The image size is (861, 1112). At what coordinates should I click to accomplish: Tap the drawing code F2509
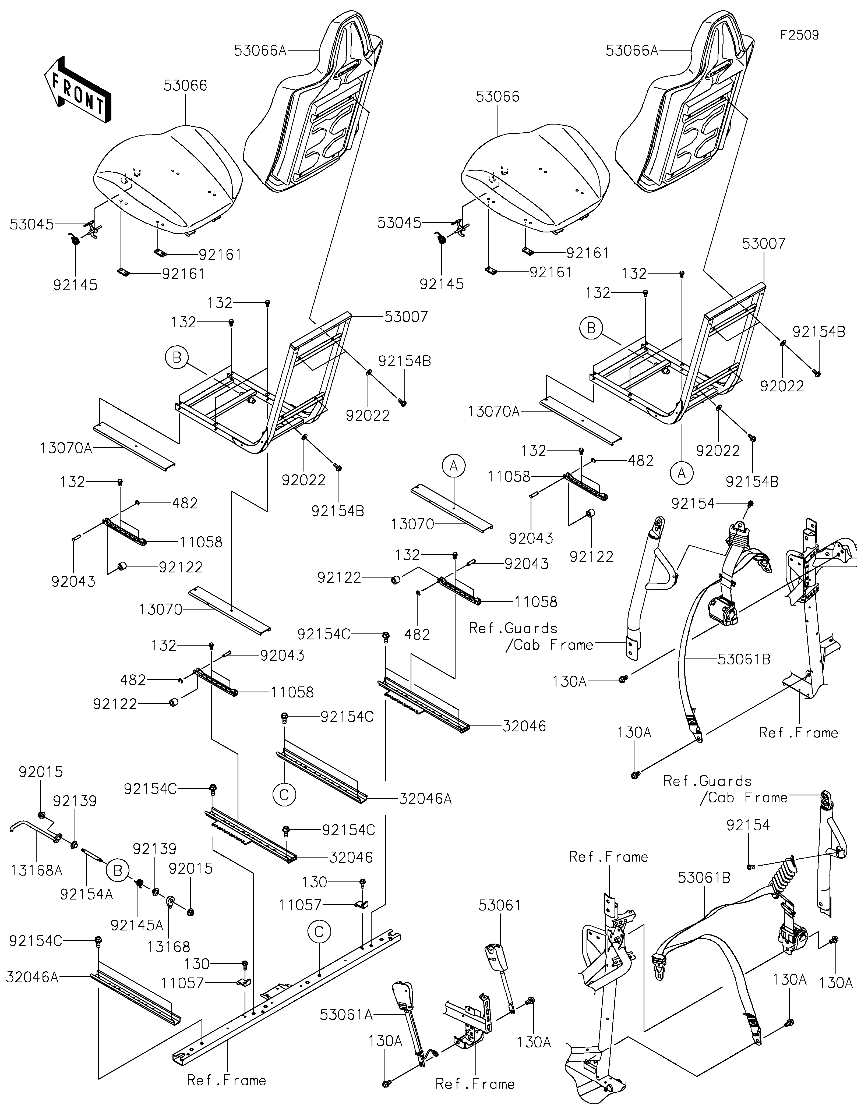coord(799,35)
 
